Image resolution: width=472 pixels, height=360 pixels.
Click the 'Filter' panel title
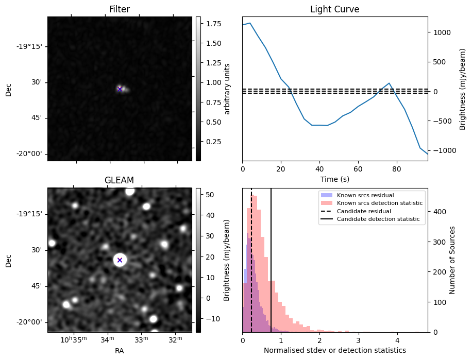pos(120,9)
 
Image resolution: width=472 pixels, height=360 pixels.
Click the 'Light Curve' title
pos(334,9)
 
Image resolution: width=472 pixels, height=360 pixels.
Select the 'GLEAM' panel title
pos(119,180)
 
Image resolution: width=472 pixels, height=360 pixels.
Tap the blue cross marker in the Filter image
pos(120,89)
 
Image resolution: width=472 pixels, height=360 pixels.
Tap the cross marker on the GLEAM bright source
pos(120,260)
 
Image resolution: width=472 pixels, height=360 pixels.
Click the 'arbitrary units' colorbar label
pos(227,89)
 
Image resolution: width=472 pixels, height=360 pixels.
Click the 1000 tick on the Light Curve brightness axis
pos(441,32)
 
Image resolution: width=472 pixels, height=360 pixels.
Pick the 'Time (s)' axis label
pos(334,179)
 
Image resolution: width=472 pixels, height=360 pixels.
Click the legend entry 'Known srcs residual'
pos(365,196)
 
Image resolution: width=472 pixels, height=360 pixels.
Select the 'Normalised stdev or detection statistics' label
pos(334,350)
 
